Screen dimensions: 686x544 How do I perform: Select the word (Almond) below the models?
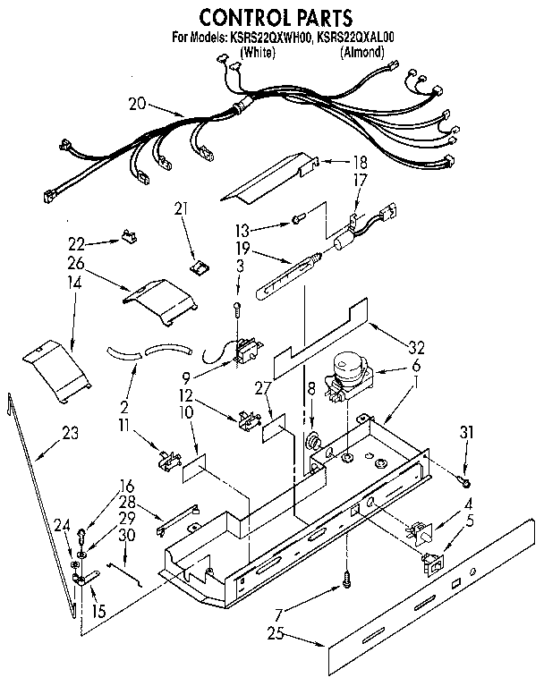click(361, 53)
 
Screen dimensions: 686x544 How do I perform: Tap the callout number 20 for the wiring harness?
click(137, 104)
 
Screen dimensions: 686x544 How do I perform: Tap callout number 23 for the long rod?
click(70, 434)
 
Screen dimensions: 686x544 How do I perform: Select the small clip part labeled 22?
click(131, 236)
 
